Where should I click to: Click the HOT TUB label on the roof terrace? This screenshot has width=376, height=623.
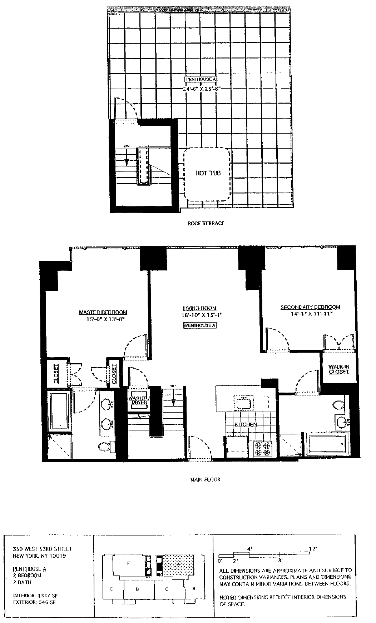click(208, 173)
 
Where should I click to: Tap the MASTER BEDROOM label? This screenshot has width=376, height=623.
click(103, 313)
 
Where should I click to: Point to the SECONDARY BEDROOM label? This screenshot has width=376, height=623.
click(310, 307)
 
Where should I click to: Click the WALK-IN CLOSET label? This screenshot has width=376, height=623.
click(338, 369)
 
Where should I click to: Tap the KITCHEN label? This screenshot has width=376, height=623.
click(246, 424)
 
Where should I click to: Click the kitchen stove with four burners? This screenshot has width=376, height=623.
click(263, 449)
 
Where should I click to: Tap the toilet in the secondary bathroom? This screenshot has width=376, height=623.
click(337, 405)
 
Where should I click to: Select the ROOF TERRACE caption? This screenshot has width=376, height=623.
click(206, 223)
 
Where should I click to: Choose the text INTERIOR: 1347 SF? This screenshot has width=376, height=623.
click(35, 595)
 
